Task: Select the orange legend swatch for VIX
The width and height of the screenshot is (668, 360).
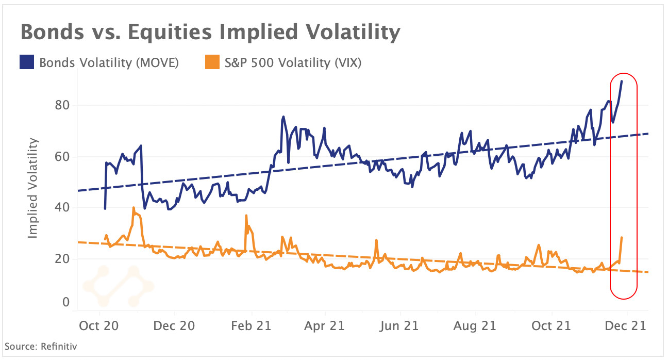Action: (x=208, y=63)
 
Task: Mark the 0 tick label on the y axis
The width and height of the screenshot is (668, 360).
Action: (x=65, y=302)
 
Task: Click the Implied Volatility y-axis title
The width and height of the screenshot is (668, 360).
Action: (x=33, y=188)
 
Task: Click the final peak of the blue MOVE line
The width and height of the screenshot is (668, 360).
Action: (x=622, y=81)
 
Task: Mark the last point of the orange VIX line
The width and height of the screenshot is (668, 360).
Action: (x=622, y=237)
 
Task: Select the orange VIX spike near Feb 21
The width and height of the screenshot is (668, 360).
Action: (x=246, y=216)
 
